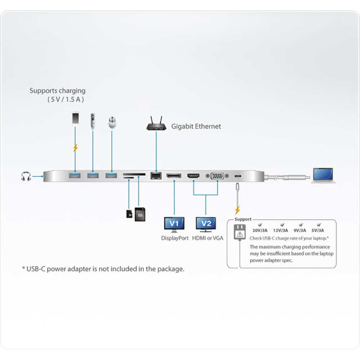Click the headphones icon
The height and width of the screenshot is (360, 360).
point(26,176)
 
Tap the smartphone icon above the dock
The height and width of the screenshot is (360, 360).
point(75,118)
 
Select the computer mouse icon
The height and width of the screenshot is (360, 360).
point(112,122)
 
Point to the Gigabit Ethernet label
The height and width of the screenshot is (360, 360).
point(196,126)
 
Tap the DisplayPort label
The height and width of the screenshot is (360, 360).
point(175,238)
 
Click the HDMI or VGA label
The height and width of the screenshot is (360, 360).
point(208,238)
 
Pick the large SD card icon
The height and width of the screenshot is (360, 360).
point(140,215)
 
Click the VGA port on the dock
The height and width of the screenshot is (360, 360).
point(217,176)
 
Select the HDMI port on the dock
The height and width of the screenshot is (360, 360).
point(193,176)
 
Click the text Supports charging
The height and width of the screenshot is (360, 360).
point(58,91)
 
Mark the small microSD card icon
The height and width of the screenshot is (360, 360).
point(129,213)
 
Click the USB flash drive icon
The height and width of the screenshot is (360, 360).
point(93,121)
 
